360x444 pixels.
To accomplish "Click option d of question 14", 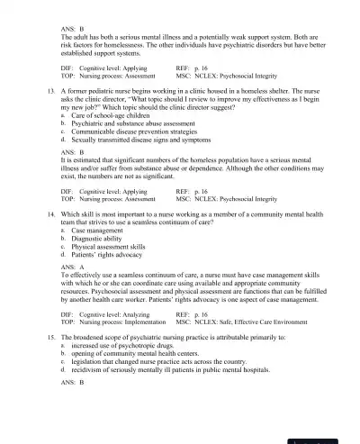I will pos(109,264).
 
